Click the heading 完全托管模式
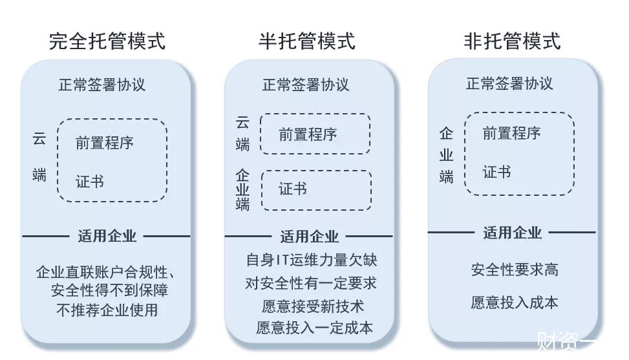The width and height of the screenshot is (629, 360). point(107,41)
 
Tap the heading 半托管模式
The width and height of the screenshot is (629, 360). point(307,41)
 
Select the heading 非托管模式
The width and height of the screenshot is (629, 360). point(512,41)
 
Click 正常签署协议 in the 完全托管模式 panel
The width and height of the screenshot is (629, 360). point(102,85)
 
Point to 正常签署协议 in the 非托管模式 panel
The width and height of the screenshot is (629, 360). point(509,83)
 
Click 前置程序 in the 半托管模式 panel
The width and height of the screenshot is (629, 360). point(308,134)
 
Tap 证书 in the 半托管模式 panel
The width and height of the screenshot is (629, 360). point(293,189)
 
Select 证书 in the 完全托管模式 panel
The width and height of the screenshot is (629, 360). point(90,182)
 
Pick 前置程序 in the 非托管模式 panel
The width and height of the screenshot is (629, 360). point(511,133)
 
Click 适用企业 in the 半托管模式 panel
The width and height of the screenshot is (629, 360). point(309,237)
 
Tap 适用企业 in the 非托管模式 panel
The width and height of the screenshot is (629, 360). point(512,233)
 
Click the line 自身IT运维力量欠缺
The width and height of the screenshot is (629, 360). point(312,260)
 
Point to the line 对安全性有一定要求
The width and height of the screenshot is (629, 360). point(311,284)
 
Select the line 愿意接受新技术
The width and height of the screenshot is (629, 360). point(313,306)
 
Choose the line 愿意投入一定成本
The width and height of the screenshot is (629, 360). point(314,328)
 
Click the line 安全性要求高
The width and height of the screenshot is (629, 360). point(515,270)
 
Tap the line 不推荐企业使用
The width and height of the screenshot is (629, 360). point(107,310)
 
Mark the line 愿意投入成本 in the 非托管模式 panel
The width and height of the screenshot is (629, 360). point(515,302)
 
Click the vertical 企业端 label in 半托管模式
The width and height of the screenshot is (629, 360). point(242,189)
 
